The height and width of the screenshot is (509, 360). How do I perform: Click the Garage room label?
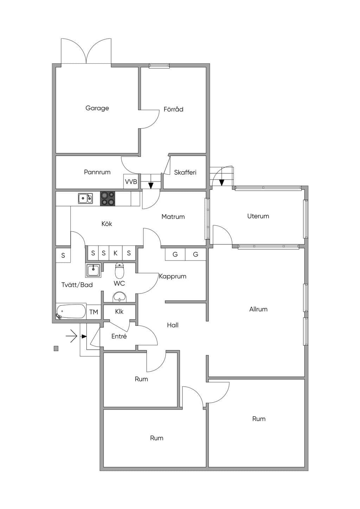tap(97, 108)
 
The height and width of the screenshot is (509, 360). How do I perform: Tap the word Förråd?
tap(173, 109)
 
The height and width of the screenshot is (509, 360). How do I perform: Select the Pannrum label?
tap(97, 172)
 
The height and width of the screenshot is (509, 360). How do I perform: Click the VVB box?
tap(131, 181)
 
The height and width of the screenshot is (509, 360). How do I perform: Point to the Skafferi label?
tap(185, 172)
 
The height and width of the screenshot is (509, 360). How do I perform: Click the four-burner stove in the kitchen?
tap(108, 199)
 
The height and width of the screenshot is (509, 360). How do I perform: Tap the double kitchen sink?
tap(85, 198)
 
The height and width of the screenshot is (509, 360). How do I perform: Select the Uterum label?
tap(258, 216)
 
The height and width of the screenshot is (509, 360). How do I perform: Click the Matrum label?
tap(173, 217)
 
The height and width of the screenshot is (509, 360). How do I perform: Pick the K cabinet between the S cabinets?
tap(115, 253)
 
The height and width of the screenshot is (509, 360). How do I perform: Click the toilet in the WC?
tap(119, 271)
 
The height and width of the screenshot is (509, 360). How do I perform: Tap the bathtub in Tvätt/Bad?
tap(71, 311)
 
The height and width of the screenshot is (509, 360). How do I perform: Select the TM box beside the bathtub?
tap(94, 312)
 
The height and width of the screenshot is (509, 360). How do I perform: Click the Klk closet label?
tap(119, 311)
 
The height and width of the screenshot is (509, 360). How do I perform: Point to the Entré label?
tap(119, 336)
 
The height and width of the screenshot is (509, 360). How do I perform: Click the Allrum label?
tap(258, 309)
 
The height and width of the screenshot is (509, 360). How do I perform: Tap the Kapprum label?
tap(173, 276)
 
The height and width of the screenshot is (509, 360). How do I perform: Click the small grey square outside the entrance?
tap(56, 348)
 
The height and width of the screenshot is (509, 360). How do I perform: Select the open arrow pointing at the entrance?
tap(72, 336)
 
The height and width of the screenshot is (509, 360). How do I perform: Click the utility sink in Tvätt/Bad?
tap(93, 270)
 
